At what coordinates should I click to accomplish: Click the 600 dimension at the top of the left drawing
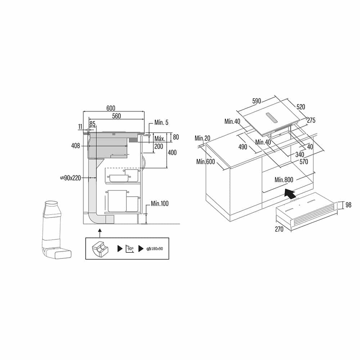point(111,108)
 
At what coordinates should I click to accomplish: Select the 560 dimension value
point(116,116)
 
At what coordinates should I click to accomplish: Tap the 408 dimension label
point(76,146)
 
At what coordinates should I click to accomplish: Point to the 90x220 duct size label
point(71,178)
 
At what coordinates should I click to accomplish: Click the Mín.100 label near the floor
point(160,203)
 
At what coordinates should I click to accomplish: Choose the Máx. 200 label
point(159,143)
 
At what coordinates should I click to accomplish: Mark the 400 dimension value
point(172,153)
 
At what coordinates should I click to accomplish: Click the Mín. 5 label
point(161,123)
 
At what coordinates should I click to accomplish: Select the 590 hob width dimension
point(257,101)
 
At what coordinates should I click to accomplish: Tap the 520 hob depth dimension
point(301,107)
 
